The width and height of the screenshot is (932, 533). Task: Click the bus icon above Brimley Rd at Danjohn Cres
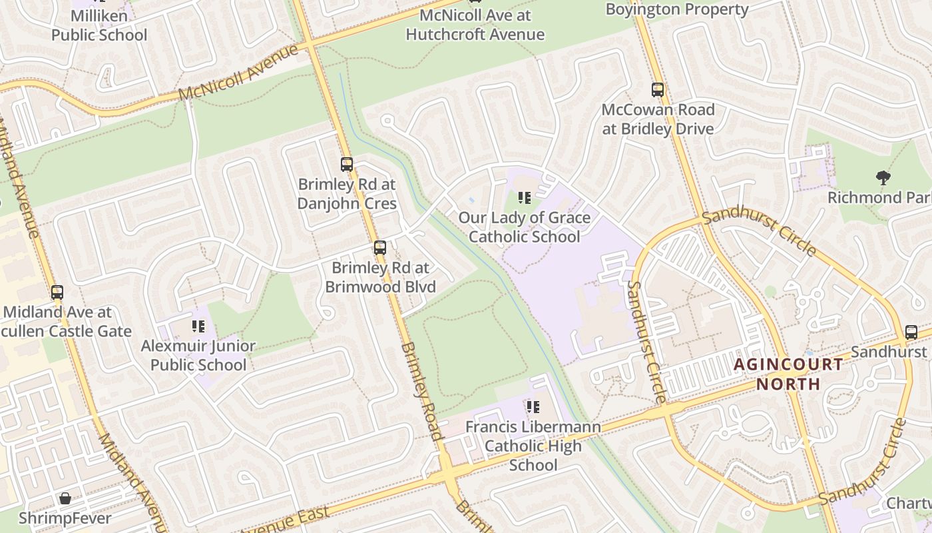(x=346, y=165)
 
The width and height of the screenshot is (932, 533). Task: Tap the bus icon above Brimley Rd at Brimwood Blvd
(x=379, y=249)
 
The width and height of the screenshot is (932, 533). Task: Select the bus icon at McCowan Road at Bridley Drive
(x=658, y=90)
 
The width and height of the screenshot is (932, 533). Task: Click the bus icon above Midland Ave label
(x=57, y=292)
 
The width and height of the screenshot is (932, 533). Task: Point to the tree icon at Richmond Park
(x=883, y=178)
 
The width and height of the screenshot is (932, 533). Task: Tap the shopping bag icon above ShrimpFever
(x=65, y=498)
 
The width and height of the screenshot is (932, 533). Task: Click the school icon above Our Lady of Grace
(x=525, y=198)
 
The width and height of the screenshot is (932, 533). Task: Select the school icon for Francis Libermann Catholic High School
(x=533, y=406)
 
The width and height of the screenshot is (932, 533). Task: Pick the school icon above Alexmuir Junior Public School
(x=198, y=326)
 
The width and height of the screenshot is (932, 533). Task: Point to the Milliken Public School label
(x=99, y=25)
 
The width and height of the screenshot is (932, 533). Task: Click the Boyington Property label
(x=677, y=9)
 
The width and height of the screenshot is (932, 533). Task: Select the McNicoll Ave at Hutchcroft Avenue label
(x=475, y=25)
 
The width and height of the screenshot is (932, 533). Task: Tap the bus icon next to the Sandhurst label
(x=911, y=332)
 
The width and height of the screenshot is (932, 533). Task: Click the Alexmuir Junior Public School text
(x=198, y=355)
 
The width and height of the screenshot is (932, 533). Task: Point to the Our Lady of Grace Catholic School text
(x=525, y=227)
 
